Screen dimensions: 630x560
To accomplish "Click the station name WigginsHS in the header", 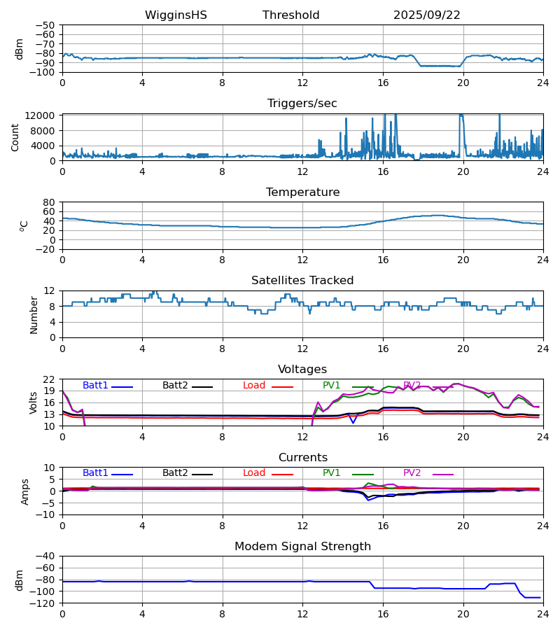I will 176,15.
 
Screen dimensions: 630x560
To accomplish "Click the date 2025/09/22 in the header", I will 427,15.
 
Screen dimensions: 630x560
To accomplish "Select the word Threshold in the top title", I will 290,15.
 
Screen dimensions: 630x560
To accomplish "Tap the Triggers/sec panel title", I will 302,104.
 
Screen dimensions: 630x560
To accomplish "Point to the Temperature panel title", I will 302,192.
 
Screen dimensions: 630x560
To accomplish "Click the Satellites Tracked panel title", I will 302,281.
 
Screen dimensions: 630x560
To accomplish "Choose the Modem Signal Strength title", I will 302,547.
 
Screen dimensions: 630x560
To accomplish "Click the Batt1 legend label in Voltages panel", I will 95,386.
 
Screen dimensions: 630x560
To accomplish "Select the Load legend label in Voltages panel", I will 254,386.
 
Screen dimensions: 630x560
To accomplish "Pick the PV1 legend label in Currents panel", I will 332,473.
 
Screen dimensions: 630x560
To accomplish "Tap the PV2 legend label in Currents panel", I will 412,473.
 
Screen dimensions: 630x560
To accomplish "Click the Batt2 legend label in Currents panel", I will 175,473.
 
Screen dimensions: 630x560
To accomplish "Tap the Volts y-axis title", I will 34,402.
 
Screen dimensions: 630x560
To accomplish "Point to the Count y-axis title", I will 15,137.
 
